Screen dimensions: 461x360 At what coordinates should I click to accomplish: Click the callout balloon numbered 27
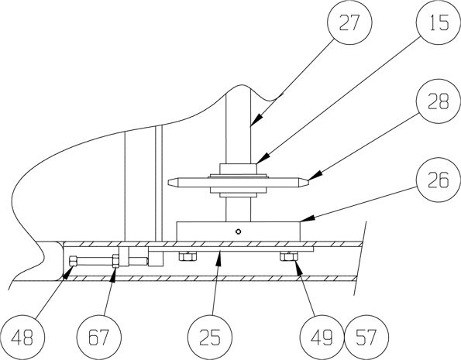coord(349,22)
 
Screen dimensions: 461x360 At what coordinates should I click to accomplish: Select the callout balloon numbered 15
coord(439,22)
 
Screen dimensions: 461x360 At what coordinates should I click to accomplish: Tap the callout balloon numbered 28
coord(439,101)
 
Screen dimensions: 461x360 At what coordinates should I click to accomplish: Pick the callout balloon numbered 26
coord(439,180)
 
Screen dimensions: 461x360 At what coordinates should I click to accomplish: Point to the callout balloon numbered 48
coord(22,338)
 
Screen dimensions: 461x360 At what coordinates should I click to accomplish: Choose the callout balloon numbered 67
coord(99,338)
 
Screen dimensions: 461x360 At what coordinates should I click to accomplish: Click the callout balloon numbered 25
coord(210,338)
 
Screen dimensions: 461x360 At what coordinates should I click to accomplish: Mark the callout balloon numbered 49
coord(322,338)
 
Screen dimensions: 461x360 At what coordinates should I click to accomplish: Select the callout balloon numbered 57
coord(366,338)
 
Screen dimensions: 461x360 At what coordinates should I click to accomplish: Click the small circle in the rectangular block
coord(239,231)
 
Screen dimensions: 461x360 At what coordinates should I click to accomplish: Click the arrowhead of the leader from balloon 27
coord(255,121)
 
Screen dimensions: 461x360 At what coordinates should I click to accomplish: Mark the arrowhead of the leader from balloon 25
coord(218,258)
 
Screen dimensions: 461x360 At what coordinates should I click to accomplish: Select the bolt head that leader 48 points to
coord(73,261)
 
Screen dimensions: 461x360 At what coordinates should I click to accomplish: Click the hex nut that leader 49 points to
coord(289,256)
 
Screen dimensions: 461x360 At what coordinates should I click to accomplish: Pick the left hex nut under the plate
coord(187,256)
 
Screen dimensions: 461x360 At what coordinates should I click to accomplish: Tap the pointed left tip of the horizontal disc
coord(168,183)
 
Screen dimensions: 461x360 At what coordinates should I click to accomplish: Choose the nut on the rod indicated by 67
coord(116,261)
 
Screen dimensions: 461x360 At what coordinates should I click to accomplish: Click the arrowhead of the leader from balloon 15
coord(261,159)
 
